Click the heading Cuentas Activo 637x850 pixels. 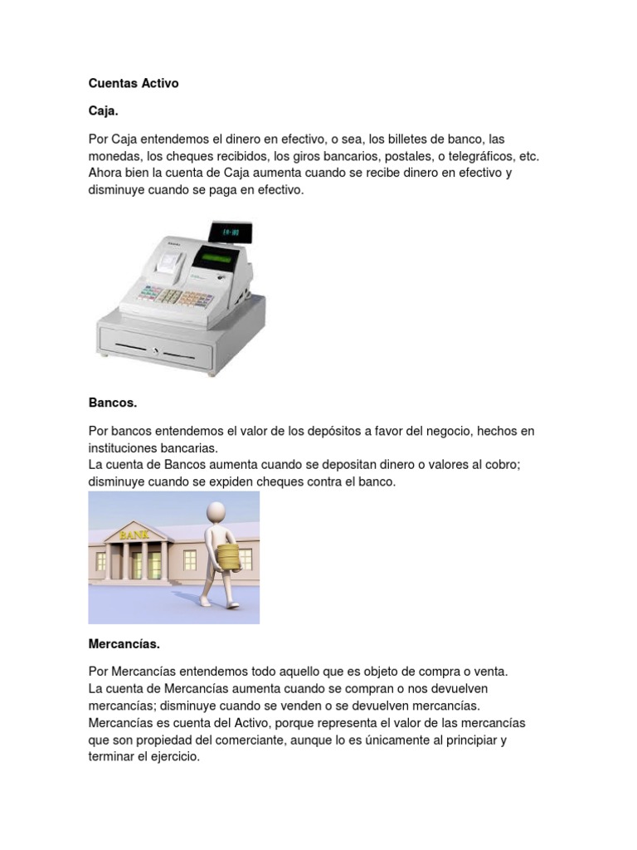(133, 84)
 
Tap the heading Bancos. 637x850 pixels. (112, 403)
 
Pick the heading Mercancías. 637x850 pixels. (124, 643)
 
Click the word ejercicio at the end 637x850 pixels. (173, 757)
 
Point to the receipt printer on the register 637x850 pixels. (171, 263)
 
